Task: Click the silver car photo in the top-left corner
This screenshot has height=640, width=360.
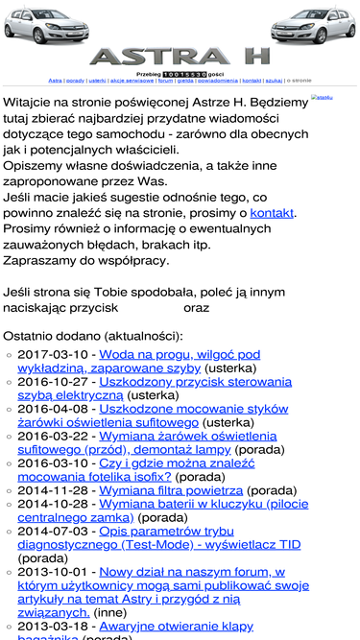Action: tap(42, 29)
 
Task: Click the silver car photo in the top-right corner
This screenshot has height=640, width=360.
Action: tap(315, 29)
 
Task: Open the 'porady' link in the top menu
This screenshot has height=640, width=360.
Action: tap(75, 82)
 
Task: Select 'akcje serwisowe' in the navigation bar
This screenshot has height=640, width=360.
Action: tap(132, 82)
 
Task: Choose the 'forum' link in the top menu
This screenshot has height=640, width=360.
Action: tap(165, 82)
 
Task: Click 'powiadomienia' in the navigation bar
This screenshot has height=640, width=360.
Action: tap(218, 82)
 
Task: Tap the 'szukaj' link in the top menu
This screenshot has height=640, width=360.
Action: tap(274, 82)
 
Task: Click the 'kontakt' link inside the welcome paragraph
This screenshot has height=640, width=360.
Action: tap(272, 212)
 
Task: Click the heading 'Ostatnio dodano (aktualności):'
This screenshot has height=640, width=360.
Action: tap(92, 336)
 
